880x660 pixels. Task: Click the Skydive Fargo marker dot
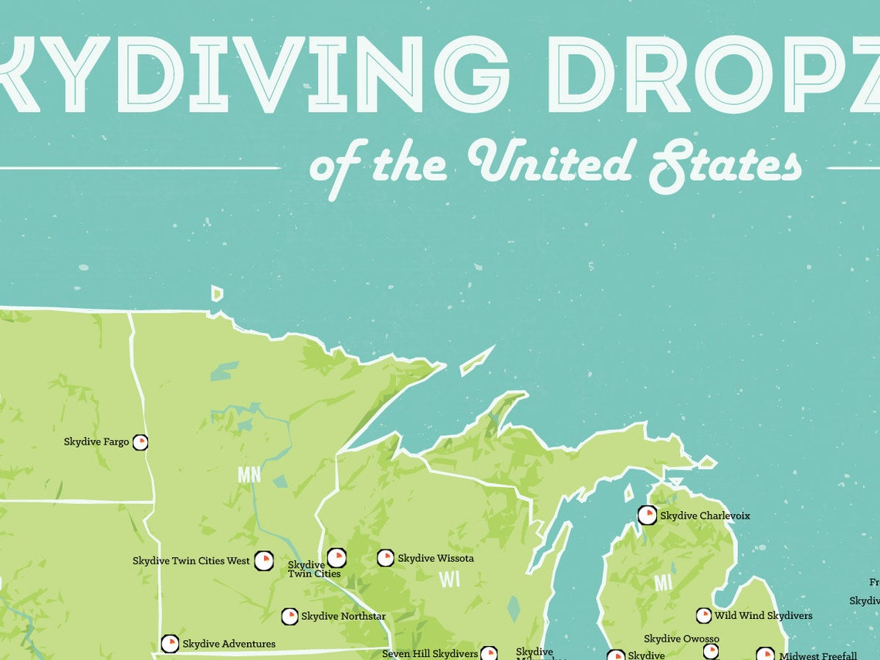(140, 442)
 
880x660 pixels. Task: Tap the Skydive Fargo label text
(96, 442)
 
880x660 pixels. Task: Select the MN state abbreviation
(249, 474)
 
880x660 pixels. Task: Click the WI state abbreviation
(449, 579)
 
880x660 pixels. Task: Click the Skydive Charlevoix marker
(647, 515)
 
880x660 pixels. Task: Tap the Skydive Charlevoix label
(705, 516)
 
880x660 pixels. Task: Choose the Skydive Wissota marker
(385, 557)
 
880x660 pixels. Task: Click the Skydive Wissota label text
(435, 558)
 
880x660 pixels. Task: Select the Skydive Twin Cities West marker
(263, 560)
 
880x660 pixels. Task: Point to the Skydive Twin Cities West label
(191, 560)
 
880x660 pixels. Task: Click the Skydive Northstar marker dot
(289, 616)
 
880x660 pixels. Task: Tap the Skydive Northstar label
(344, 616)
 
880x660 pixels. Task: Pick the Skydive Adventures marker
(170, 644)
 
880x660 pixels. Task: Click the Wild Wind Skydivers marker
(703, 615)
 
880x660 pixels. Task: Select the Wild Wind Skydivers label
(763, 616)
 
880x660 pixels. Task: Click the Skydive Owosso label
(682, 639)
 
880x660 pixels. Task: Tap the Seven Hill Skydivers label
(430, 654)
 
